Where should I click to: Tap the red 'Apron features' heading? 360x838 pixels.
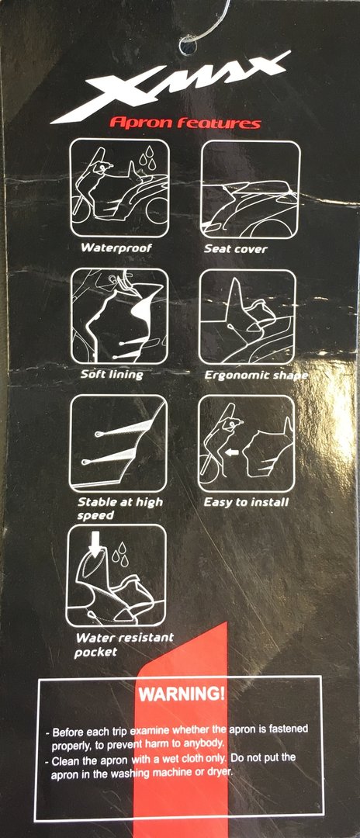(x=185, y=123)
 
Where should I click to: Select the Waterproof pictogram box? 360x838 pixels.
(x=119, y=188)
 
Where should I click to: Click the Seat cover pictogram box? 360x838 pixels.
(x=250, y=189)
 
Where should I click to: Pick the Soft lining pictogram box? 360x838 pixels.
(x=119, y=316)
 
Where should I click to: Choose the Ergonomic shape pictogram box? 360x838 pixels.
(x=247, y=317)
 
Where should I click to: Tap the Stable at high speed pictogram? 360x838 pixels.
(x=118, y=442)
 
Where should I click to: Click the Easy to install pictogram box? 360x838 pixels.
(x=246, y=443)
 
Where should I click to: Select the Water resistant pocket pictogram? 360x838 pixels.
(x=116, y=575)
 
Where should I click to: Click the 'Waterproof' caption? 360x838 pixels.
(x=116, y=248)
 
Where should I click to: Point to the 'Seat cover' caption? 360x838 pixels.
(x=236, y=248)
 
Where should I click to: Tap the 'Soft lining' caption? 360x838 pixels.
(x=112, y=373)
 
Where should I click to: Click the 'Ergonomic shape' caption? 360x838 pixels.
(x=256, y=376)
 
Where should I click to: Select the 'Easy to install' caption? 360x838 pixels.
(x=246, y=502)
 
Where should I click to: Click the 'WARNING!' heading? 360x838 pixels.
(x=182, y=694)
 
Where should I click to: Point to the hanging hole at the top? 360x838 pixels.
(x=188, y=46)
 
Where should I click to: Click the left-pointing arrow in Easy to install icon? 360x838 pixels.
(x=231, y=452)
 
